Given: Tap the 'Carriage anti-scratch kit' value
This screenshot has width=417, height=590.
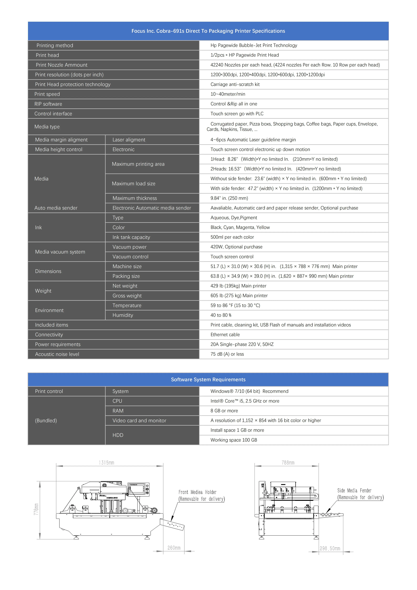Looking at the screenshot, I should click(235, 84).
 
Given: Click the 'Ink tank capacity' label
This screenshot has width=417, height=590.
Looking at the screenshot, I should click(131, 237).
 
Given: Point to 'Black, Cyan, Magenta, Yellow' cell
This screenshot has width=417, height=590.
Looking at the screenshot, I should click(240, 227).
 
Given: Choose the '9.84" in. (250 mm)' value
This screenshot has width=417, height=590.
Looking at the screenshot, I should click(229, 198).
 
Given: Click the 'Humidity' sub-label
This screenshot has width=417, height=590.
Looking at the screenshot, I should click(123, 315).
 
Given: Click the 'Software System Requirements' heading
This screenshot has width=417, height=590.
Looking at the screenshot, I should click(208, 380).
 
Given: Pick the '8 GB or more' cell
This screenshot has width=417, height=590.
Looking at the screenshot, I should click(224, 411).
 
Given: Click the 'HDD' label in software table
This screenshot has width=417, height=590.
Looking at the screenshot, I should click(118, 435).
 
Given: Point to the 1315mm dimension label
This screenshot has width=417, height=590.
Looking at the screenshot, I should click(107, 463).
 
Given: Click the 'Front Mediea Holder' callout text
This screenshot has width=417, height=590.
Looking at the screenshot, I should click(197, 492).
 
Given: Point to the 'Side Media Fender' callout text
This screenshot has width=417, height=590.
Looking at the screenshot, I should click(354, 491).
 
